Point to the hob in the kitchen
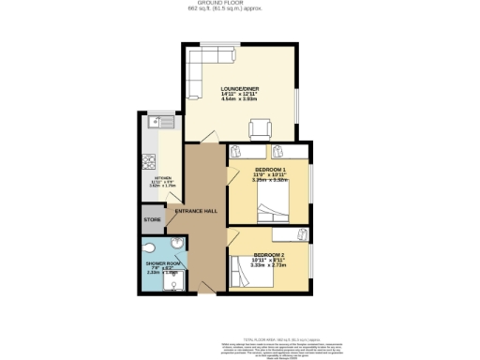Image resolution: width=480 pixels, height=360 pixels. click(149, 159)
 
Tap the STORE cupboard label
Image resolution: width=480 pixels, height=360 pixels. click(152, 220)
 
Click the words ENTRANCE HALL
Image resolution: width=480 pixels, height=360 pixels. click(197, 211)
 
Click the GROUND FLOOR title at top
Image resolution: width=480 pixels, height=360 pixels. click(239, 4)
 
